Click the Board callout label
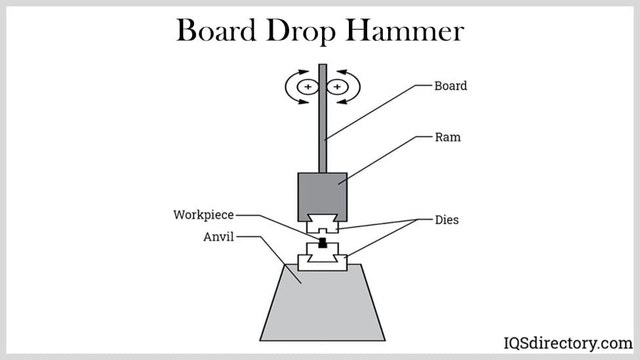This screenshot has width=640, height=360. (x=450, y=86)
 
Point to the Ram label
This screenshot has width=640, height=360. (x=448, y=138)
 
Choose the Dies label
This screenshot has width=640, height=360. (x=447, y=220)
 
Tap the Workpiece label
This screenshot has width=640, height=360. (x=203, y=214)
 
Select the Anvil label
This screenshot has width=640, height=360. (x=219, y=237)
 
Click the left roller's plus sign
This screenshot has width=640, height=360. (x=308, y=87)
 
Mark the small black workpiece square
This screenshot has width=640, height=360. (x=322, y=243)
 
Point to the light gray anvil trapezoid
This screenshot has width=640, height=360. (x=322, y=305)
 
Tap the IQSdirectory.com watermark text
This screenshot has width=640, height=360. (x=568, y=343)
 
